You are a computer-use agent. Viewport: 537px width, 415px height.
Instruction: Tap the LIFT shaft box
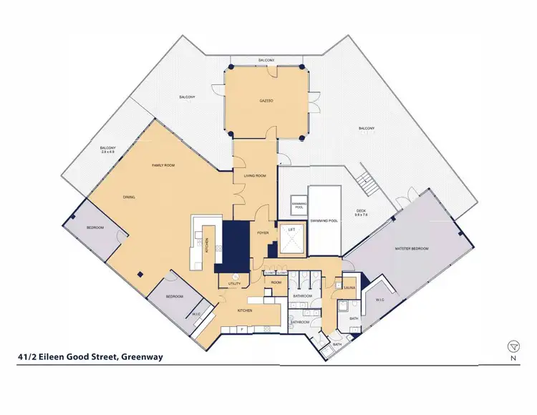tap(291, 240)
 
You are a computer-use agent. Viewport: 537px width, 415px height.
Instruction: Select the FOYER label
tap(263, 233)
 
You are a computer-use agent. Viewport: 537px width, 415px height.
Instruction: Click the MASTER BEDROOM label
tap(412, 248)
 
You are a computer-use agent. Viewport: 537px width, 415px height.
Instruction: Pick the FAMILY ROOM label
tap(163, 165)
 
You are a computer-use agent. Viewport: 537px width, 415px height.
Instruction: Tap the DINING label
tap(129, 197)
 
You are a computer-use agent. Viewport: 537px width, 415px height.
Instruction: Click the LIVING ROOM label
tap(255, 175)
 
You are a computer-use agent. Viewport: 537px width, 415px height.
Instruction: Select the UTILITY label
tap(234, 284)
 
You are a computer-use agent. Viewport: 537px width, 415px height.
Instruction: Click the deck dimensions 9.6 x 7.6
tap(366, 214)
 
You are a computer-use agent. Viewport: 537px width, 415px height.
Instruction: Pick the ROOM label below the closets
tap(276, 282)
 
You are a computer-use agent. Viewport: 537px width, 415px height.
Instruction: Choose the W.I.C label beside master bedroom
tap(380, 300)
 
